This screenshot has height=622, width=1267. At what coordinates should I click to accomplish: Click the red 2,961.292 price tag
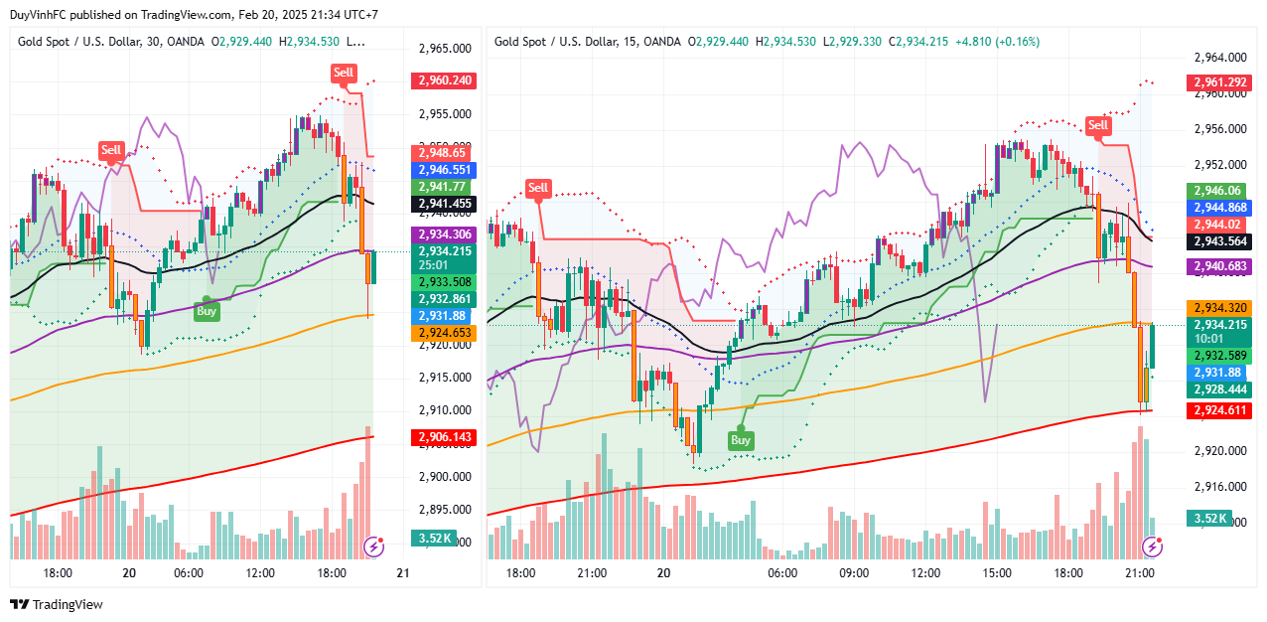click(x=1219, y=82)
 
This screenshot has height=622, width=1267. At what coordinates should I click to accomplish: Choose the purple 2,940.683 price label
click(x=1219, y=266)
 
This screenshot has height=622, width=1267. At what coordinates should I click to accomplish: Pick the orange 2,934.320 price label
click(x=1219, y=308)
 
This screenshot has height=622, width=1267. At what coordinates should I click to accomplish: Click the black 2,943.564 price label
click(x=1219, y=241)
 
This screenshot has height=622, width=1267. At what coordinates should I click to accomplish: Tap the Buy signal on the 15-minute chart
click(x=741, y=440)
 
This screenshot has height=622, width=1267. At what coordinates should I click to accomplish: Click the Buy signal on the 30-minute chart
click(x=207, y=310)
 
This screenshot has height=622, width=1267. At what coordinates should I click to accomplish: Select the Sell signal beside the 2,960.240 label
click(x=343, y=72)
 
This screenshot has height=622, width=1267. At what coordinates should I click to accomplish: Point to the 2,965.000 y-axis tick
click(x=443, y=48)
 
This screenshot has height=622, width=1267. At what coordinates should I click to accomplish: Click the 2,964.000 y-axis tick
click(x=1220, y=58)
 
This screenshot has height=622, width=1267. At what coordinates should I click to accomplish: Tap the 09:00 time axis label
click(x=854, y=573)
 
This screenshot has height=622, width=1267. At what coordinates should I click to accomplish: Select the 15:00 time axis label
click(x=997, y=573)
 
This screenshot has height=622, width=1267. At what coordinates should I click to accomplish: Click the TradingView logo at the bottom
click(x=56, y=604)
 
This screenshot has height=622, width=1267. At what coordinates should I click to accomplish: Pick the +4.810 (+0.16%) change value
click(x=996, y=42)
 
